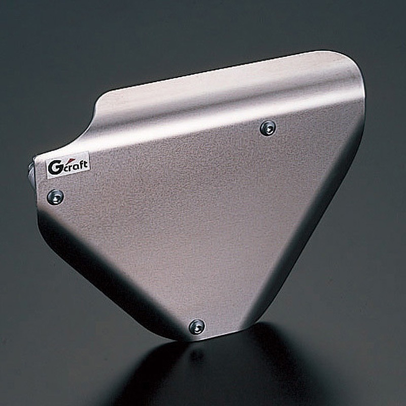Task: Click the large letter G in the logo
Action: coord(54,168)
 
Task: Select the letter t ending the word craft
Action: coord(85,163)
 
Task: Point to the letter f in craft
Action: coord(81,164)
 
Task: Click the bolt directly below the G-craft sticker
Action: coord(55,197)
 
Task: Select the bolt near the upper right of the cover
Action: coord(268,128)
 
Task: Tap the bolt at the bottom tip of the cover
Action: coord(197,326)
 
